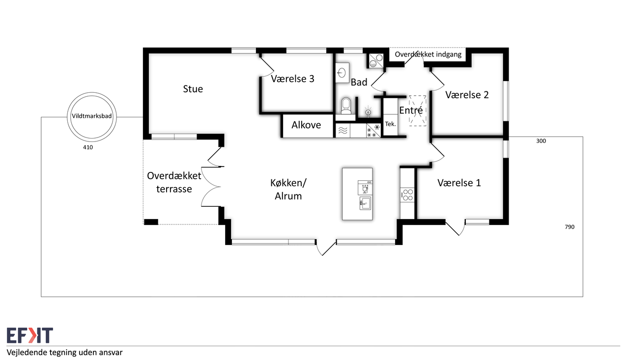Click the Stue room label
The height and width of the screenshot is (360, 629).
(x=193, y=89)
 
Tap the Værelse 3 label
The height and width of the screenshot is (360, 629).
(x=292, y=79)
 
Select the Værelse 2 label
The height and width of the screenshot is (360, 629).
(x=467, y=95)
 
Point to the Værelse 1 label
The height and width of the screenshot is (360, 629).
(x=459, y=183)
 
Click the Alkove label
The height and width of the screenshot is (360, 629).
(x=306, y=125)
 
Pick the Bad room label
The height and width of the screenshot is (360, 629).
(x=359, y=82)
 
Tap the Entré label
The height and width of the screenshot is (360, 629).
(x=411, y=110)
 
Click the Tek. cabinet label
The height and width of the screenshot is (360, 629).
(x=390, y=124)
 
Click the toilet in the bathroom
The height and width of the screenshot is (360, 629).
(x=346, y=106)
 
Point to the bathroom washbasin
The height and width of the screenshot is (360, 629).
(x=342, y=72)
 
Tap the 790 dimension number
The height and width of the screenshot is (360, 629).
(x=570, y=227)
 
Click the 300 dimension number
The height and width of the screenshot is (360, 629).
(x=541, y=141)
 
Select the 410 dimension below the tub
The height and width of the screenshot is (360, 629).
(x=88, y=147)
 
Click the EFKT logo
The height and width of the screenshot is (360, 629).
(x=30, y=335)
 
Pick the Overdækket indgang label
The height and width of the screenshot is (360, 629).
(x=428, y=55)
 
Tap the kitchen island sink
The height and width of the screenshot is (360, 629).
(x=365, y=203)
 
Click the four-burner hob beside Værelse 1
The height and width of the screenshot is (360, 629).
(x=407, y=195)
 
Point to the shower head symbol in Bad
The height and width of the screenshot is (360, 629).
(x=368, y=111)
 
